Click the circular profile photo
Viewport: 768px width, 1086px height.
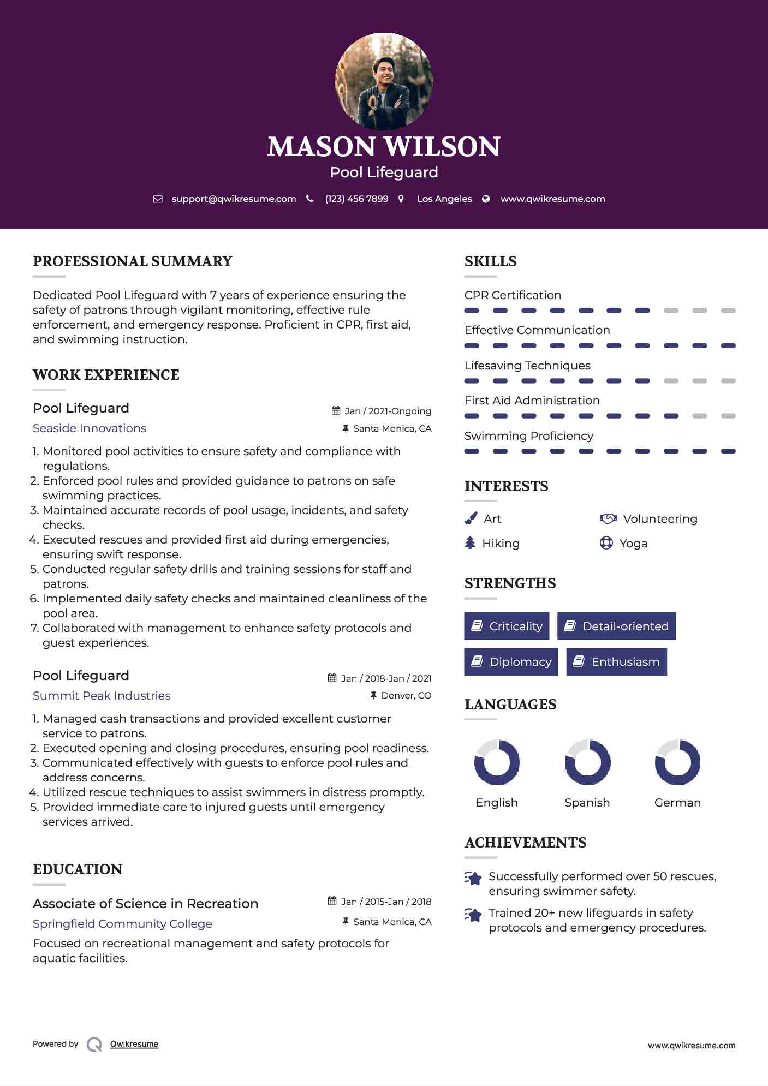(x=384, y=82)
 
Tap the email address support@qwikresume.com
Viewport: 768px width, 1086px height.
(x=234, y=199)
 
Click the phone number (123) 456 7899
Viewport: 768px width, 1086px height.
(x=356, y=199)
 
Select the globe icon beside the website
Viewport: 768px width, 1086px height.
(x=486, y=199)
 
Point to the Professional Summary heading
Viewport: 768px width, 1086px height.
(x=133, y=261)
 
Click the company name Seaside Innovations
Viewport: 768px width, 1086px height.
(x=90, y=428)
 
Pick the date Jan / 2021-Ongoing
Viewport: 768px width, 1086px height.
(x=388, y=411)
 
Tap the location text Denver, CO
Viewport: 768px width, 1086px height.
(x=406, y=696)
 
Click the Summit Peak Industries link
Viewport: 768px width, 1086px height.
(x=102, y=696)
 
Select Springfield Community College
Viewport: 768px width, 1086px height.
(x=122, y=924)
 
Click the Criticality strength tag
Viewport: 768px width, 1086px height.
(x=507, y=626)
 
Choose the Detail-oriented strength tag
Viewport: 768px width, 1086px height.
(x=616, y=626)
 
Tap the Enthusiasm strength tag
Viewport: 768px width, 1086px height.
(x=616, y=662)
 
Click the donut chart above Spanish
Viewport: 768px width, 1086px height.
(x=587, y=762)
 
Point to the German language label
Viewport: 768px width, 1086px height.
(x=677, y=803)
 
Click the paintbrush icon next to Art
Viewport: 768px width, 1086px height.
(x=471, y=518)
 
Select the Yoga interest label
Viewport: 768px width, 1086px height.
(x=633, y=544)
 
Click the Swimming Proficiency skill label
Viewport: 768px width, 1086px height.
(x=528, y=436)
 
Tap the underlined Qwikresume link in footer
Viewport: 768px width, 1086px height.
(x=134, y=1044)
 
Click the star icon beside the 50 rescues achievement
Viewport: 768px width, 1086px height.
(x=473, y=878)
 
